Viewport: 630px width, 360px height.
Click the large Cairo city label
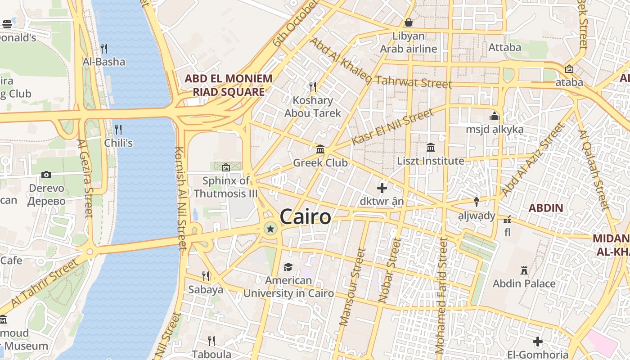pos(305,217)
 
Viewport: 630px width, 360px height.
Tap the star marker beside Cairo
pos(270,229)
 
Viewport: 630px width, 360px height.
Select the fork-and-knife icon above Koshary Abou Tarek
pos(313,86)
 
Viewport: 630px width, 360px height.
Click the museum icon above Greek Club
pos(320,149)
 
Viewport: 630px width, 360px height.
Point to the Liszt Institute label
pos(430,161)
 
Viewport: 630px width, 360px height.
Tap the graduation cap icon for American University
pos(288,267)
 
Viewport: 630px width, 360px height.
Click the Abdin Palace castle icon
pos(524,270)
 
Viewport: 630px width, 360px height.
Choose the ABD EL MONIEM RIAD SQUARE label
pos(229,85)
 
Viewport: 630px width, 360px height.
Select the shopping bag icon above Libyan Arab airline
pos(409,22)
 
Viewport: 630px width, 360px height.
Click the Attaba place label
pos(504,47)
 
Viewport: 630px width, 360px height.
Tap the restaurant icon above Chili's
pos(118,130)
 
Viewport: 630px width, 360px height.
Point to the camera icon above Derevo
pos(46,175)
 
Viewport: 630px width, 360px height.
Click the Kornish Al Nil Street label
pos(180,198)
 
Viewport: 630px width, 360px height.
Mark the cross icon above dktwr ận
pos(382,188)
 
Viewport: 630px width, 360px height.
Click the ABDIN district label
pos(545,208)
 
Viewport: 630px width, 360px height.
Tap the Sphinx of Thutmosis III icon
pos(226,167)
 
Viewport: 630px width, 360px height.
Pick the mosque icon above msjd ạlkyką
pos(495,116)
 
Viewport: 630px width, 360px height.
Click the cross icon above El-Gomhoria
pos(537,342)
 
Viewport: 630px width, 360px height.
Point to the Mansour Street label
pos(352,287)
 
